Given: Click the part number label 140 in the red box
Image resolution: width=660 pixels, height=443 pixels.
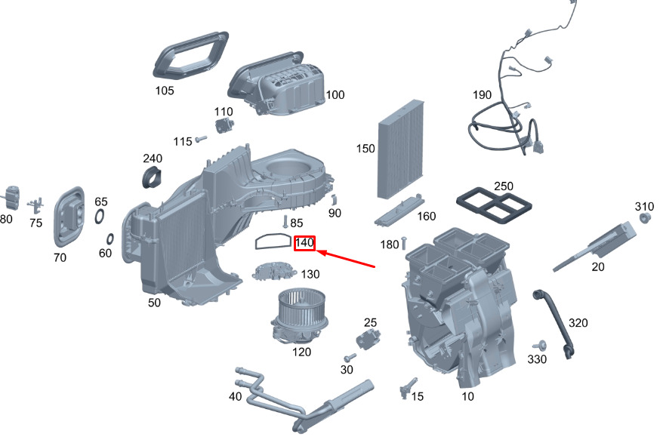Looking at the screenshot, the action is coord(304,243).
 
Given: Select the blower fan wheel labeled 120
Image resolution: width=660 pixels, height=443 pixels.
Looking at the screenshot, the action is coord(299,316).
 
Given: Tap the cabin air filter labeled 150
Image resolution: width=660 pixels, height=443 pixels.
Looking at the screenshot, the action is coord(401,149).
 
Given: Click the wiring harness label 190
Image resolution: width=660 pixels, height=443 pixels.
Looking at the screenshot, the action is coord(482,95).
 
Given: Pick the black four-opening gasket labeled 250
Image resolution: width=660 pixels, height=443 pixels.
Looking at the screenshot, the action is coord(494,205).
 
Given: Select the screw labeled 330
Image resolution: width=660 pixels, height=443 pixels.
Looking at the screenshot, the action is coord(540,346).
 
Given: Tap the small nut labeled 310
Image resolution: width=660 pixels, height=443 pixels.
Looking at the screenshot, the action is coord(644,218).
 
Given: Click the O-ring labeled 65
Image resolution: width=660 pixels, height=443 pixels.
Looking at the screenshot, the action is coord(100,217).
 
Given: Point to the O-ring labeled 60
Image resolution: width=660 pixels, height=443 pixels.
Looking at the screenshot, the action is coord(109,239).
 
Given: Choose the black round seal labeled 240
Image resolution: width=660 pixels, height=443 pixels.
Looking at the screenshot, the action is coord(152,177).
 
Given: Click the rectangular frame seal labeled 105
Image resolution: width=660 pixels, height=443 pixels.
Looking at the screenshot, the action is coord(191,54).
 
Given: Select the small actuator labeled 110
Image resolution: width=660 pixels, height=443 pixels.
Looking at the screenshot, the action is coord(225,125).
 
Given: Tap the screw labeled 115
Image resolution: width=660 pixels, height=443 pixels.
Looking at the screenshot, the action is coord(200,138).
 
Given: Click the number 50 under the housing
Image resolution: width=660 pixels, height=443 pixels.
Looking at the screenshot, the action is coord(154,303).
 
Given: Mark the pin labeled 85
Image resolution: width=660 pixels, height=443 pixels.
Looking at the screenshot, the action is coord(285,222).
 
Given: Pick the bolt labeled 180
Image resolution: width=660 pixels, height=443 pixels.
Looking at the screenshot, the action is coord(404,243).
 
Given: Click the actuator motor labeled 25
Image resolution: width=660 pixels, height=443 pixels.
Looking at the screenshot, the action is coord(369,338).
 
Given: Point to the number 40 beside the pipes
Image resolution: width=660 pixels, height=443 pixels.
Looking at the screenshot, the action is coord(236,396).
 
